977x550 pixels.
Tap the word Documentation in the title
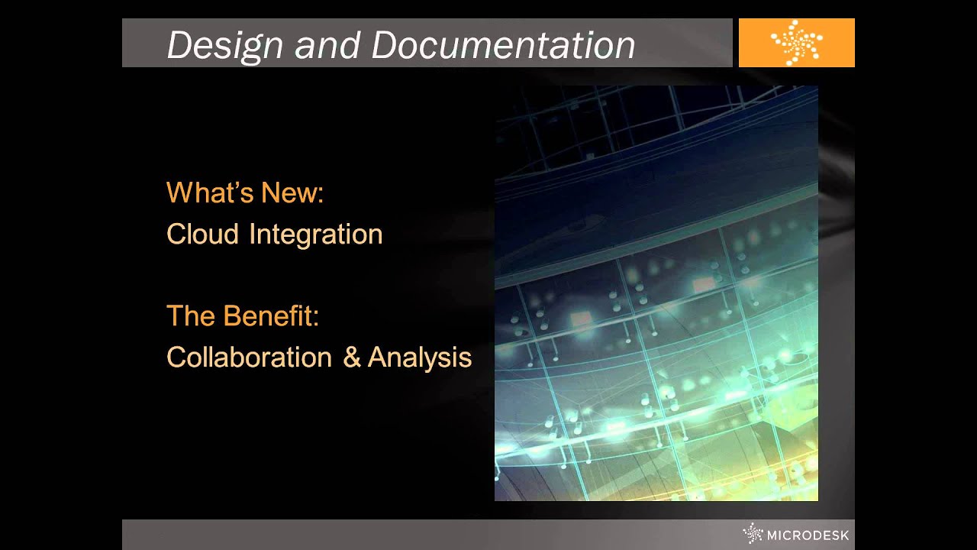pyautogui.click(x=503, y=45)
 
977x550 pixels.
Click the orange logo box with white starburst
pyautogui.click(x=796, y=43)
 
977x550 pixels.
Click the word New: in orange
pyautogui.click(x=292, y=192)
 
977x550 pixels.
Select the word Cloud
pyautogui.click(x=202, y=234)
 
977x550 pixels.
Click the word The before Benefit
pyautogui.click(x=190, y=315)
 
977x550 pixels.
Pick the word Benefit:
pyautogui.click(x=271, y=315)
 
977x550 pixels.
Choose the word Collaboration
pyautogui.click(x=249, y=357)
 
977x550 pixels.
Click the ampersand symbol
pyautogui.click(x=351, y=357)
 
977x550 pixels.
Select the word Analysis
pyautogui.click(x=420, y=357)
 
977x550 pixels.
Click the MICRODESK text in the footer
pyautogui.click(x=808, y=535)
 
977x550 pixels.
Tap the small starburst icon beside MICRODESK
pyautogui.click(x=753, y=533)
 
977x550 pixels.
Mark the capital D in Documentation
pyautogui.click(x=383, y=45)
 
